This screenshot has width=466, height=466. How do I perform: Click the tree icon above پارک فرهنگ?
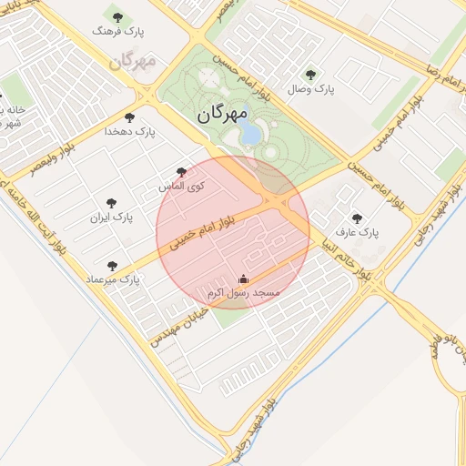pos(116,15)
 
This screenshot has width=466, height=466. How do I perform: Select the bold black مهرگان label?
pos(222,115)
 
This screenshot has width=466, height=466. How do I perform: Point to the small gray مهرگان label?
pos(133,62)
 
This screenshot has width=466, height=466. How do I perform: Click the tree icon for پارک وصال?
pos(312,75)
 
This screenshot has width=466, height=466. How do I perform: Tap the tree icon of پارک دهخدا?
pos(129,117)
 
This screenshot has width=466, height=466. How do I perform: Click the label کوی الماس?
pos(181,187)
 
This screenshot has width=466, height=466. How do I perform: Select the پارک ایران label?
pos(112,218)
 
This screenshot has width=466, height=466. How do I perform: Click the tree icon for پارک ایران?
pos(112,203)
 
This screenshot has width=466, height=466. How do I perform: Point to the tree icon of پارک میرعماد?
pos(112,266)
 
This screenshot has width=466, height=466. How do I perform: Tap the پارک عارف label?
pos(357,233)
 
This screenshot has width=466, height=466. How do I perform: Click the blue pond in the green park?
pos(248,134)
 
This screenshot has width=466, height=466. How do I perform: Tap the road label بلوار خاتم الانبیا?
pos(349,254)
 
